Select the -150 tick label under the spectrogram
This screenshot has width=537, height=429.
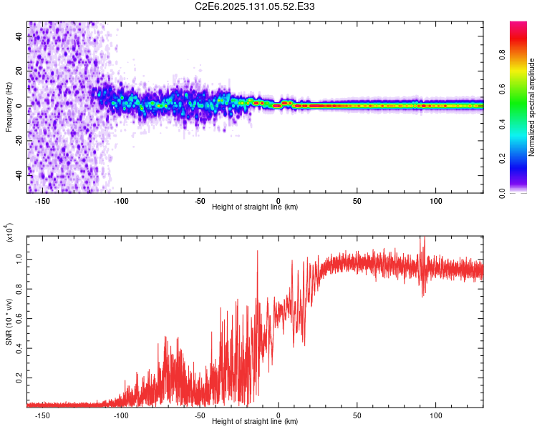point(42,200)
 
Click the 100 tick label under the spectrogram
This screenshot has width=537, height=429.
point(435,200)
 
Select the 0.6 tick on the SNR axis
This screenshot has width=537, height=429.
point(18,317)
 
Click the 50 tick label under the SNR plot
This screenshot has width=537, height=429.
point(357,415)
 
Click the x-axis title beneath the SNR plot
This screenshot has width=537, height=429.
point(255,422)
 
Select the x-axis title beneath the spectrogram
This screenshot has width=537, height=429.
point(255,207)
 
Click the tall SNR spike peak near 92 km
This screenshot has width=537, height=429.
point(423,239)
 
